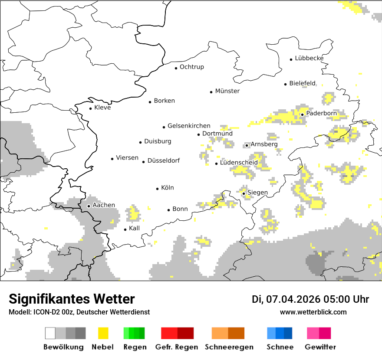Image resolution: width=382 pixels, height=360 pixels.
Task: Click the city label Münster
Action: point(227,91)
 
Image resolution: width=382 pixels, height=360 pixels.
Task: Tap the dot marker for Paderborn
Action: point(302,115)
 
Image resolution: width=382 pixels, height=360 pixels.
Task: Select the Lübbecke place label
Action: point(309,58)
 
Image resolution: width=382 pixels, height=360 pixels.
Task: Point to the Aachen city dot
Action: point(89,206)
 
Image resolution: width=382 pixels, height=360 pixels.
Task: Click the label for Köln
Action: point(167,188)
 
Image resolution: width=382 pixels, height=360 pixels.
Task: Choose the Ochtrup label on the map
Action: point(191,67)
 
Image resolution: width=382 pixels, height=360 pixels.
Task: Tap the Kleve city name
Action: point(102,108)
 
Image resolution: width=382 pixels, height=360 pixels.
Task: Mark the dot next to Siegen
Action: point(244,193)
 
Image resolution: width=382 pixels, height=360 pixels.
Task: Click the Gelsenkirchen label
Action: point(189,126)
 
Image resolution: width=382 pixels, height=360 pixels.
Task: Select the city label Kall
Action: point(134,228)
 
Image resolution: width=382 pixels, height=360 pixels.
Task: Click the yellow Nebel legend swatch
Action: point(103,333)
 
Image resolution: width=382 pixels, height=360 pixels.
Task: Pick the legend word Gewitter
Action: point(320,347)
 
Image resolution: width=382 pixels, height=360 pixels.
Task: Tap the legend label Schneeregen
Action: point(229,347)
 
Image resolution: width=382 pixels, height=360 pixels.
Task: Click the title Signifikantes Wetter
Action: point(72,299)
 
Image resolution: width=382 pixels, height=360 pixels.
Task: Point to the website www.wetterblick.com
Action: point(313,312)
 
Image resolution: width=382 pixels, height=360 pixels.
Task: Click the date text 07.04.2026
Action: point(293,299)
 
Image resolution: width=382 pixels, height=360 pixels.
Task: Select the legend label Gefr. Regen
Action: point(177,347)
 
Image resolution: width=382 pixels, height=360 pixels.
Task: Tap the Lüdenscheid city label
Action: point(239,163)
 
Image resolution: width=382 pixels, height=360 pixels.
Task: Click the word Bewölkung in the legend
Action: point(63,347)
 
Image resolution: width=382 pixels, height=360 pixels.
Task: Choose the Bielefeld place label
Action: point(302,83)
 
